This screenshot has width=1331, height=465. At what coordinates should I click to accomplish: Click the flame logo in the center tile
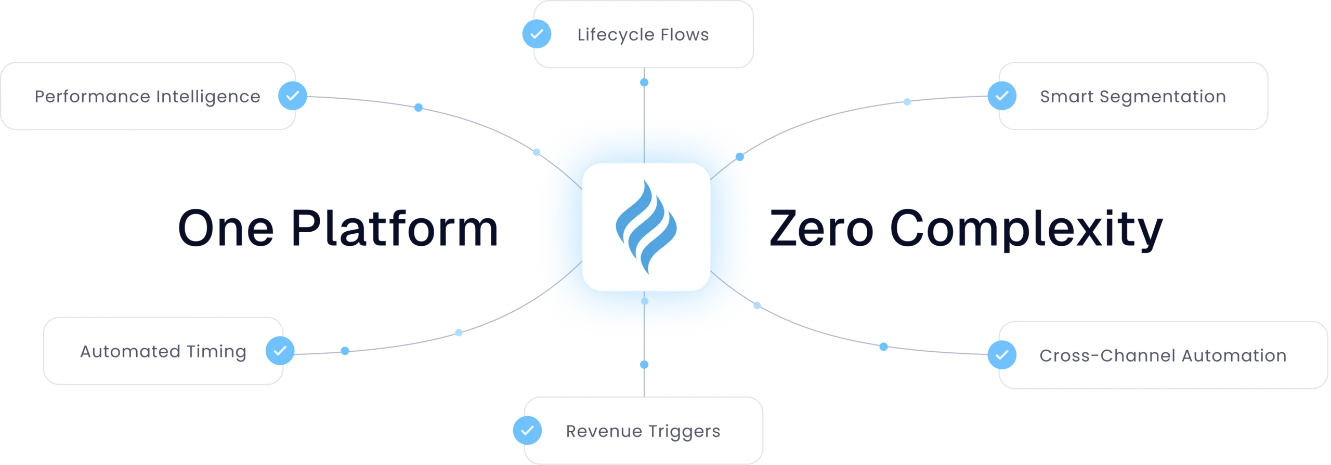coord(646,227)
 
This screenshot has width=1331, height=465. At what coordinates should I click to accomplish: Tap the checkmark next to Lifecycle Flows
coord(536,34)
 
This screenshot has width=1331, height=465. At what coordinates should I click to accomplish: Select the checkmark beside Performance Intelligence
coord(293,96)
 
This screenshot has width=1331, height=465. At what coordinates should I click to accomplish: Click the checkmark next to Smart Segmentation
coord(1001,96)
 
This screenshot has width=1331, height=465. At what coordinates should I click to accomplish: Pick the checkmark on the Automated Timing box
coord(280,351)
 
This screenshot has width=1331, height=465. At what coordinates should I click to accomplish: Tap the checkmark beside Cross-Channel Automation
coord(1001,355)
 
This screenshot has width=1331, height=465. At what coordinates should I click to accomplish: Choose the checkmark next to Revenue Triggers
coord(527,430)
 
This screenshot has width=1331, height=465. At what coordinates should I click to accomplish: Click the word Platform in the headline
coord(394,229)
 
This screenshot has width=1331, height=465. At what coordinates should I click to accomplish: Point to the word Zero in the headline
coord(821,229)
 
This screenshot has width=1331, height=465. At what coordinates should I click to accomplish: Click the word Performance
coord(92,97)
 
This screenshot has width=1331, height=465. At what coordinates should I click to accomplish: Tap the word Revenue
coord(604,431)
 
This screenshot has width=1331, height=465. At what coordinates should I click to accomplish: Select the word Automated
coord(129,352)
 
